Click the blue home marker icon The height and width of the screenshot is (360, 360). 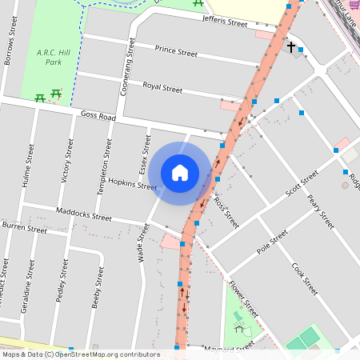pos(180,173)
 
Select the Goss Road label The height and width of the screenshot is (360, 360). pos(98,116)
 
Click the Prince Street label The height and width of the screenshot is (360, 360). pos(176,52)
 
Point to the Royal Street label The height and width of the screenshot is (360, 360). pos(162,86)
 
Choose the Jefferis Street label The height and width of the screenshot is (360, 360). pos(225,22)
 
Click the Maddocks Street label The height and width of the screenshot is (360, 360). pos(84,214)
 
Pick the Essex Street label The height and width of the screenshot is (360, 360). pos(145,154)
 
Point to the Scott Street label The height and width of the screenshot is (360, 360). pos(302,184)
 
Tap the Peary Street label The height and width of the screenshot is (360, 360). pos(321,210)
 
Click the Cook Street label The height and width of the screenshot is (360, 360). pos(306,278)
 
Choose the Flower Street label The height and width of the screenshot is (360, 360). pos(242,298)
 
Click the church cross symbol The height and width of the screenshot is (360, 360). pos(290,47)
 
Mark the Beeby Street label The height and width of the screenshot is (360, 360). pos(98,289)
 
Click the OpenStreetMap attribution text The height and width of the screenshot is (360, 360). pos(81,354)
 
